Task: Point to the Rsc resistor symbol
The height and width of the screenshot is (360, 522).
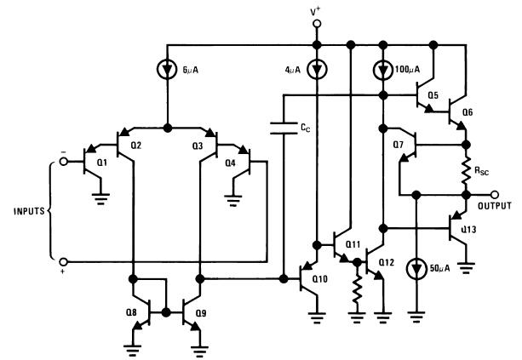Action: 466,172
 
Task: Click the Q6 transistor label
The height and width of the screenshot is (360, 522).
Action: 467,111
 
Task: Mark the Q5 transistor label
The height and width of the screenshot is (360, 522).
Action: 433,95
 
